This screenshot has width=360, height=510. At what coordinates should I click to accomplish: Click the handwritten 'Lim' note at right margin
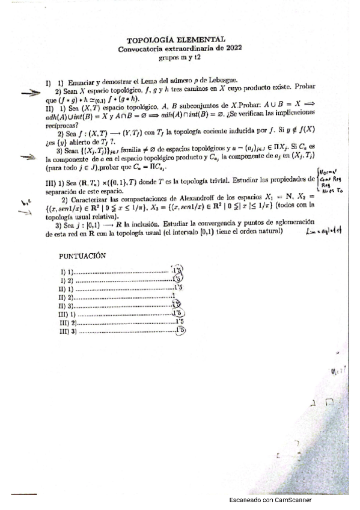(x=327, y=230)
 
